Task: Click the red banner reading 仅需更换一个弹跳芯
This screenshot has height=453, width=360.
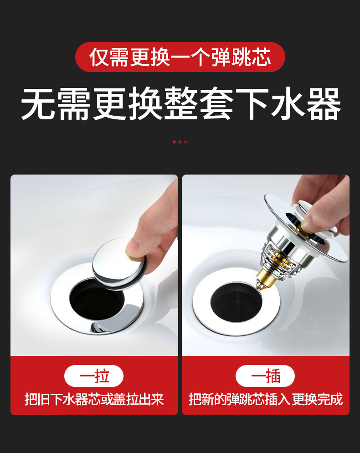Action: [180, 57]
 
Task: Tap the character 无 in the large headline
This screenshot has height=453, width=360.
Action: [38, 103]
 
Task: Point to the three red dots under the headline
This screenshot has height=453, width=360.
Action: [180, 142]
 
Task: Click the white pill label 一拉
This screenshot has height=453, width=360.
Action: [93, 376]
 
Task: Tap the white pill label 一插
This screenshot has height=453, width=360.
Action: [265, 376]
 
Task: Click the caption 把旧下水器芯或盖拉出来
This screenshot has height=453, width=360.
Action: [94, 400]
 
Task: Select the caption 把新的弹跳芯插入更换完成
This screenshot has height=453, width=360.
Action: [266, 400]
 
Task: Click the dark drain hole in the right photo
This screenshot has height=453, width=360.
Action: [236, 302]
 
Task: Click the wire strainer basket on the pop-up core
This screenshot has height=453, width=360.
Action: [279, 260]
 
